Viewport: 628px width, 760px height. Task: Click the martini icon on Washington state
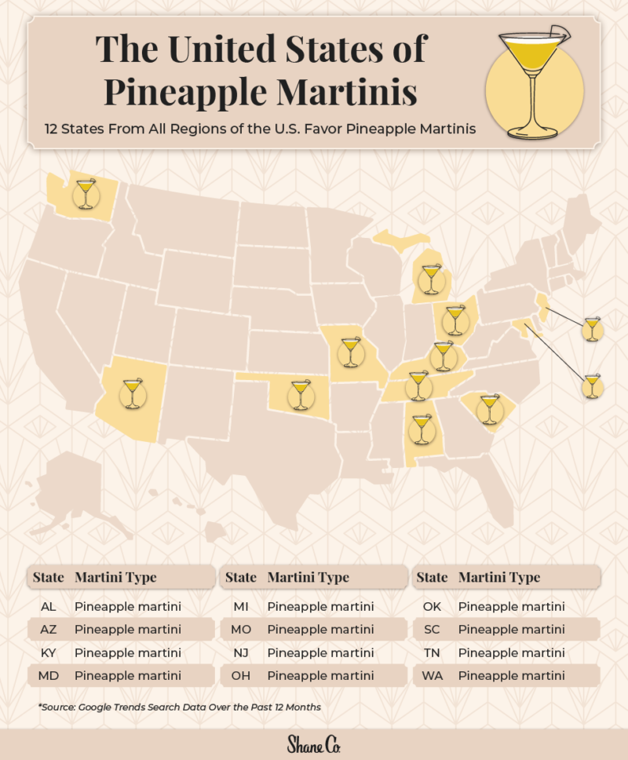(x=84, y=193)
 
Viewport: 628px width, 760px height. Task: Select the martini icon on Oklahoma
(x=299, y=395)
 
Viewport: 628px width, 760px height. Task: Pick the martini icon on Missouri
(x=349, y=353)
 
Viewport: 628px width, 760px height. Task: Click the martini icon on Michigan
(x=430, y=280)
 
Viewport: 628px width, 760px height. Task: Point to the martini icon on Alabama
(x=422, y=429)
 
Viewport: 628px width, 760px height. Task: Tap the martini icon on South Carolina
(x=490, y=410)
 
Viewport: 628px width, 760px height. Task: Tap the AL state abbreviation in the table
(x=48, y=607)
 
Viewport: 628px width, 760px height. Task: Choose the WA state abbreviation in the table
(x=432, y=675)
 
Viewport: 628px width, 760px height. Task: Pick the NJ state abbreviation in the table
(x=241, y=652)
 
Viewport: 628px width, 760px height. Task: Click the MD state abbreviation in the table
(x=48, y=675)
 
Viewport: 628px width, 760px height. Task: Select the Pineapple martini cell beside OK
(x=511, y=607)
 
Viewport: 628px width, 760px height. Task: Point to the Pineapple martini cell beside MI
(x=320, y=607)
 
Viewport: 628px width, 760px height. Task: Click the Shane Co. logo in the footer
(x=313, y=744)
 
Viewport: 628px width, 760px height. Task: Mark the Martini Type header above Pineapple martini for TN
(x=499, y=577)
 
